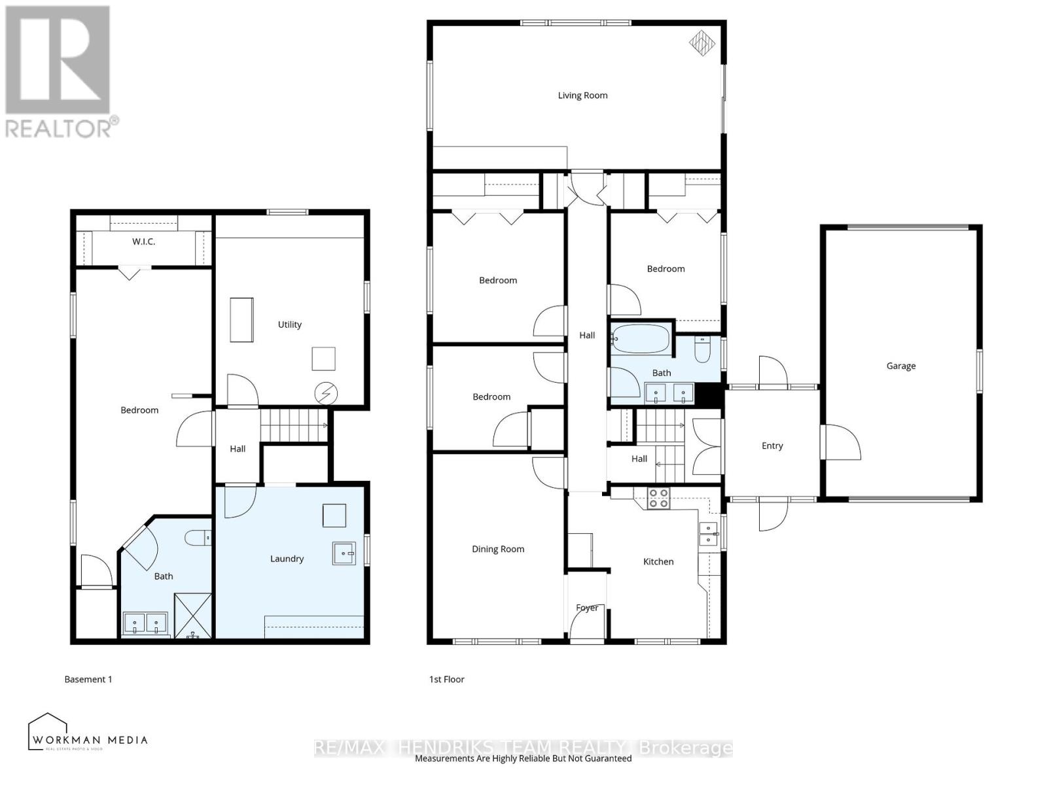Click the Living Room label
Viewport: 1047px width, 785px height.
point(582,96)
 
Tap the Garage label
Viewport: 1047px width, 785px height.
point(900,366)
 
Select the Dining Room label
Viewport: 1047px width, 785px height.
point(498,549)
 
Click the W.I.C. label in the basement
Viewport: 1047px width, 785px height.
point(143,241)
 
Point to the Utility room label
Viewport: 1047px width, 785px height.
point(289,324)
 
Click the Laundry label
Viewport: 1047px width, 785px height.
point(287,559)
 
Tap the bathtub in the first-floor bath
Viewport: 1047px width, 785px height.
point(641,339)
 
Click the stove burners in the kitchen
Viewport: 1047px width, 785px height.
point(658,498)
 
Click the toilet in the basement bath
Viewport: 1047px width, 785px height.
point(198,538)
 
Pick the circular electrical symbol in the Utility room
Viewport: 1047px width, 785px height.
point(325,393)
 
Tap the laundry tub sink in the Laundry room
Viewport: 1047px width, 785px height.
point(344,553)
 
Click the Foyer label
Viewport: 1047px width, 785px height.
point(587,608)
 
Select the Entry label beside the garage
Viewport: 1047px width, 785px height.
point(772,445)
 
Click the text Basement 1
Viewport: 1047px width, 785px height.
point(88,679)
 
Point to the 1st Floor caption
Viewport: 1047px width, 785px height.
point(447,679)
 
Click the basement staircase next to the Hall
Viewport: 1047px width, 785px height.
point(294,425)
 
